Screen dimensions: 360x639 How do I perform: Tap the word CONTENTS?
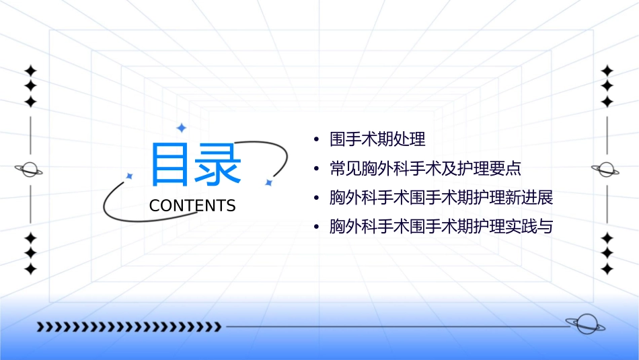[x=192, y=206]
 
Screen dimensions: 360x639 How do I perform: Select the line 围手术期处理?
[x=377, y=140]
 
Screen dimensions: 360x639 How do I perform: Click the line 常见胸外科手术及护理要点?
[x=425, y=169]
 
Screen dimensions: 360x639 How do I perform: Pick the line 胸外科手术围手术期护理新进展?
[x=441, y=198]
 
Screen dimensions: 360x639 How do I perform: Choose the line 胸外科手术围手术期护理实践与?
[x=441, y=227]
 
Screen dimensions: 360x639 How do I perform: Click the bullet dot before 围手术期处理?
[x=315, y=141]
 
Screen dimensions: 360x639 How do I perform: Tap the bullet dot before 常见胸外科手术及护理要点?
[x=315, y=170]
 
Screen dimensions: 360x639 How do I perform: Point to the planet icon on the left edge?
[x=30, y=170]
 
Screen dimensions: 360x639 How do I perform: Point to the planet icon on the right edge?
[x=607, y=170]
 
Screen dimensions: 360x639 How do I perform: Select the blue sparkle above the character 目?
[x=180, y=127]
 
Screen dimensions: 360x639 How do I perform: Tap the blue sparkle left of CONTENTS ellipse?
[x=130, y=176]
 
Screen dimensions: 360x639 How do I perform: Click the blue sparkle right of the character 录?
[x=268, y=182]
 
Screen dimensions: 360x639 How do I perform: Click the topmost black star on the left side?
[x=30, y=70]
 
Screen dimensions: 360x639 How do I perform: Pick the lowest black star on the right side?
[x=607, y=269]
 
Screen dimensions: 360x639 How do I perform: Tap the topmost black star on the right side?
[x=607, y=70]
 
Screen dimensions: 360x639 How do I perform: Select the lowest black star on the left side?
[x=30, y=269]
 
